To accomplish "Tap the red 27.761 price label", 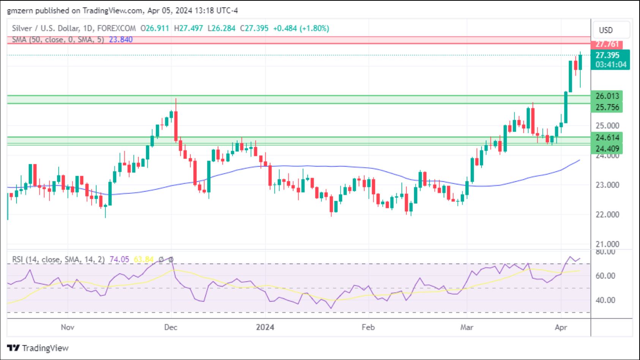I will click(607, 44).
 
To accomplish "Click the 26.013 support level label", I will click(607, 96).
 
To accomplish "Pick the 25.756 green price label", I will click(607, 107).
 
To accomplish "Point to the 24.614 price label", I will click(607, 137).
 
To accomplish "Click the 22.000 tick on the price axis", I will click(607, 215).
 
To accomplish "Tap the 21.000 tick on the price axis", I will click(607, 244).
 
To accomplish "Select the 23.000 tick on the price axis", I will click(607, 185).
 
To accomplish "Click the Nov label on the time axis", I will click(68, 327).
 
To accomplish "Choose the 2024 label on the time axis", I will click(265, 327).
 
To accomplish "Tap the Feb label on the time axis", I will click(368, 327).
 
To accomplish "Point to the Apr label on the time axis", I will click(561, 327).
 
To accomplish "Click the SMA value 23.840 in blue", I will click(121, 39).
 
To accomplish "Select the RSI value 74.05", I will click(119, 259).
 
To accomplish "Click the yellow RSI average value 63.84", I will click(143, 259).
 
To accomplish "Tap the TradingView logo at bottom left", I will click(38, 348).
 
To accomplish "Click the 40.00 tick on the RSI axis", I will click(605, 300).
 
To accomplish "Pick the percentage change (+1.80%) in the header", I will click(315, 28).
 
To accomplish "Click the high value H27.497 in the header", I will click(188, 28).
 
